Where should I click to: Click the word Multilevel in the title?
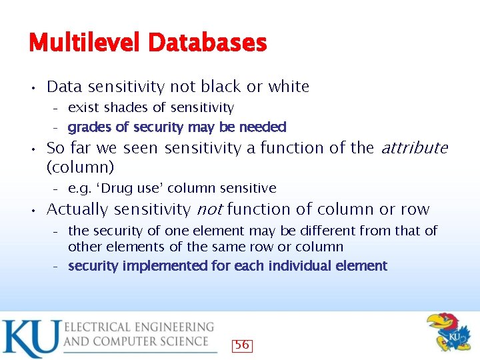pos(85,43)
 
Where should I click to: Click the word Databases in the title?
pos(207,43)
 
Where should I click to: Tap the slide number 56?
pos(242,345)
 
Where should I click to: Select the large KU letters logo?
pos(30,339)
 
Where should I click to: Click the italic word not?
pos(210,209)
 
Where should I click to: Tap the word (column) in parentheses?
pos(80,166)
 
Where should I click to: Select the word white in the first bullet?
pos(289,87)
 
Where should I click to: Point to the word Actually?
pos(77,209)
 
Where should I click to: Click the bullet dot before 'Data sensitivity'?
pos(33,87)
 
